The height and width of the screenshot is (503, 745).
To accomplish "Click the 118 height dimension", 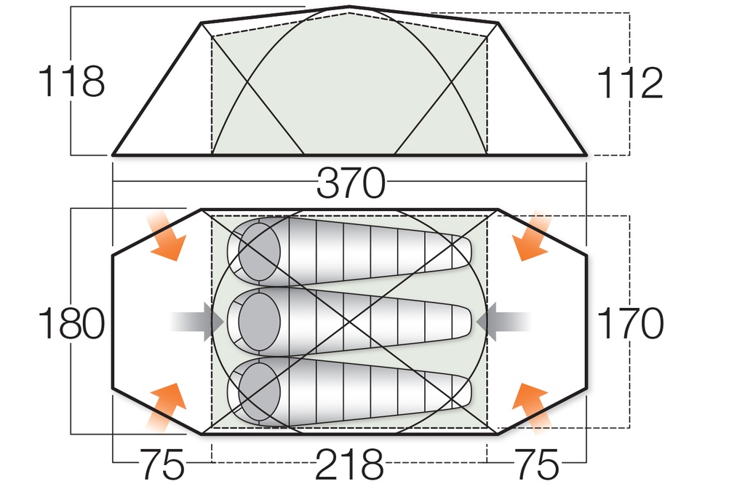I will [x=71, y=82].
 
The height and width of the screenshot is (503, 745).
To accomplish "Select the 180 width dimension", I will [x=71, y=324].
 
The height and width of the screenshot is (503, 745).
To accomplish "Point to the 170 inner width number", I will [x=629, y=324].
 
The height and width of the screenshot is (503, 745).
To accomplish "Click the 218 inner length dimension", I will [x=348, y=464].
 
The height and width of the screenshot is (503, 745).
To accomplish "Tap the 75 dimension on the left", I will [x=162, y=464].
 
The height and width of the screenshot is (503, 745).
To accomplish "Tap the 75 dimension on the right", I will [x=537, y=464].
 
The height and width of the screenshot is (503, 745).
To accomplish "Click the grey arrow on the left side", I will [x=196, y=321].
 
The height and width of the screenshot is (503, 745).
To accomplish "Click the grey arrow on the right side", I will [x=503, y=321].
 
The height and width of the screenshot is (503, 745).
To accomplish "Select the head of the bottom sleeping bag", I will [x=258, y=392].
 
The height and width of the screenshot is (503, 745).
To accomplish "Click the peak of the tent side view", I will [x=349, y=8].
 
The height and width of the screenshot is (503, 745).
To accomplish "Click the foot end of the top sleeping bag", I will [x=460, y=251].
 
